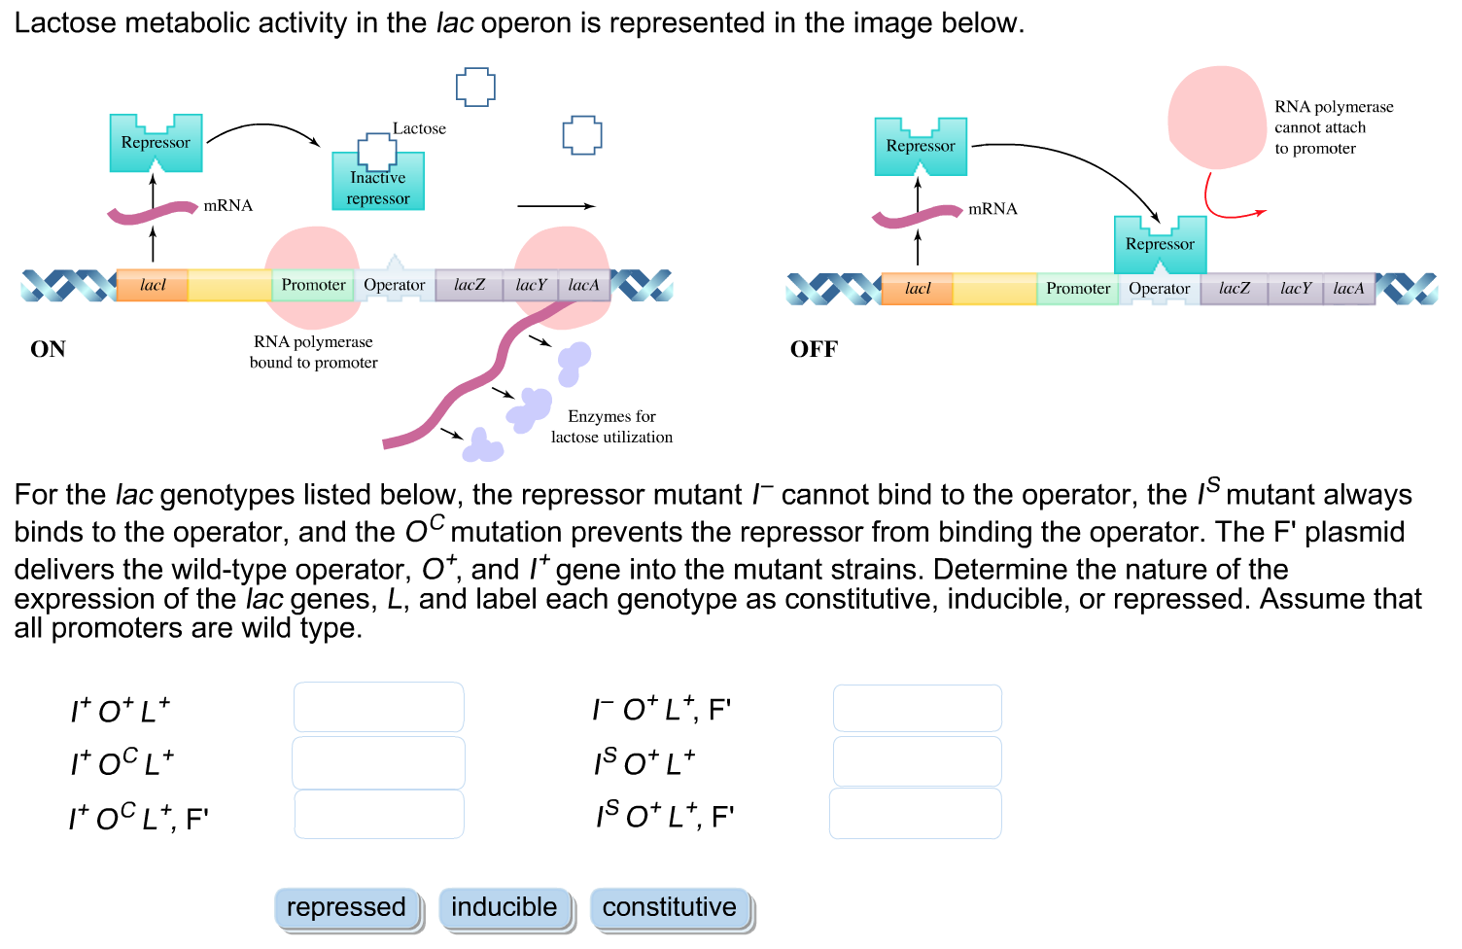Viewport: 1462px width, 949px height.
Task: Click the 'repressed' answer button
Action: coord(346,908)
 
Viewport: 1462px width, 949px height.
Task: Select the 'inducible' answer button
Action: coord(504,908)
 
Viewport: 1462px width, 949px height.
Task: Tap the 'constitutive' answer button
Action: coord(670,908)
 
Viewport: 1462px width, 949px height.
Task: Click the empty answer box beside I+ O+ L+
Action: coord(378,707)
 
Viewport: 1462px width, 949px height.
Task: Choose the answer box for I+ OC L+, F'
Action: coord(378,814)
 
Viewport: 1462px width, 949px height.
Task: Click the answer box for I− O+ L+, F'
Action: coord(917,708)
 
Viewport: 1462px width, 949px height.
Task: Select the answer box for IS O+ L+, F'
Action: coord(915,814)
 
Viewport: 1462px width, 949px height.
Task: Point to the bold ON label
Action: coord(48,349)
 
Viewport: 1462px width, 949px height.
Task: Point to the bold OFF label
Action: coord(814,349)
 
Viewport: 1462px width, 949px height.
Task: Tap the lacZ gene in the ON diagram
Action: coord(469,285)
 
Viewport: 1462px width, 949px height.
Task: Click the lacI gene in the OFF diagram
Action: coord(917,289)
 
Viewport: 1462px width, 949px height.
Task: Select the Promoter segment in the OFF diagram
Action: coord(1077,289)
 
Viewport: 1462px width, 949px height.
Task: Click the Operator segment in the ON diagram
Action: coord(394,285)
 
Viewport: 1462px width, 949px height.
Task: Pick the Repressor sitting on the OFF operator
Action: coord(1160,245)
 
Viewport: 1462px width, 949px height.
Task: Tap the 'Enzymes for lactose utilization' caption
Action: coord(611,427)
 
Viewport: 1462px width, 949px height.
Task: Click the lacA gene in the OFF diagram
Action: coord(1348,289)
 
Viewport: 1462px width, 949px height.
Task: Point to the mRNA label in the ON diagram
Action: coord(227,205)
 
